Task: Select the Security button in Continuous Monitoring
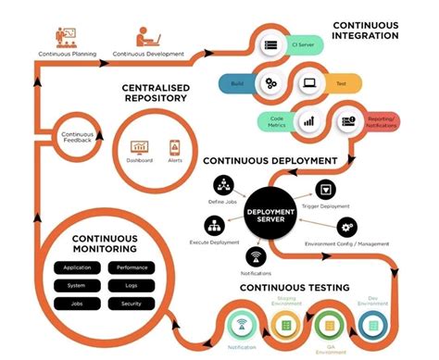point(132,302)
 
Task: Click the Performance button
point(132,267)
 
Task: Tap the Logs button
point(132,284)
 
